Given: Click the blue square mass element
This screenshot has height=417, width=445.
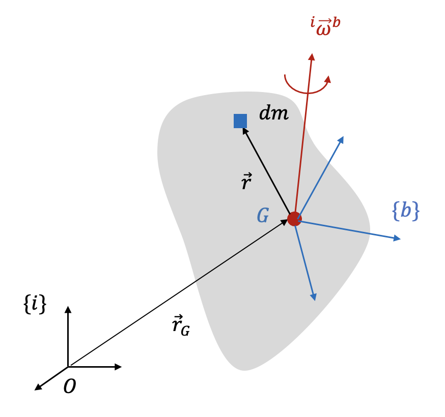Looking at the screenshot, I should point(240,121).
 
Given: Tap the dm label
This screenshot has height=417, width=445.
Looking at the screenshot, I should point(273,113).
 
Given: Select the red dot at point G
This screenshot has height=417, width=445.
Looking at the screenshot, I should point(294,219).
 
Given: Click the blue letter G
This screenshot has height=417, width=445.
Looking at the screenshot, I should point(263,216).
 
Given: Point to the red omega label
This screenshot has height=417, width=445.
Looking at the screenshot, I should point(325,26).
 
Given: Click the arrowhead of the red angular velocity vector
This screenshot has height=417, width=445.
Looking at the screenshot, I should point(312,56).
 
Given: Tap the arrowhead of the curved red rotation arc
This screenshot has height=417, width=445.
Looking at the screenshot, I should point(328,79).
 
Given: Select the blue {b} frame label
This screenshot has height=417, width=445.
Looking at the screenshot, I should point(405,211).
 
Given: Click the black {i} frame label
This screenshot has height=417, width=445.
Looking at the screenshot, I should point(35,304).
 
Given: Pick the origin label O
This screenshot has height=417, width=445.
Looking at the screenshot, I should point(70,387).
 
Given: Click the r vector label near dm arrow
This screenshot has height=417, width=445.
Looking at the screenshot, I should point(246,182).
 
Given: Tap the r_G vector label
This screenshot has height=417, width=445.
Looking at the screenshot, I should point(180,325).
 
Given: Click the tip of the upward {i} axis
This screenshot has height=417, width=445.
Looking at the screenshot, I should point(68,308).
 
